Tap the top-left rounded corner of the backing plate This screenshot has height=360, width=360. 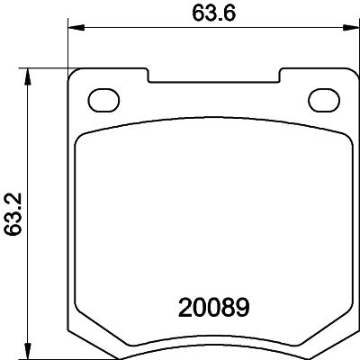(77, 75)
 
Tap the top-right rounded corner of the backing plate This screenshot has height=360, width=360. (347, 75)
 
